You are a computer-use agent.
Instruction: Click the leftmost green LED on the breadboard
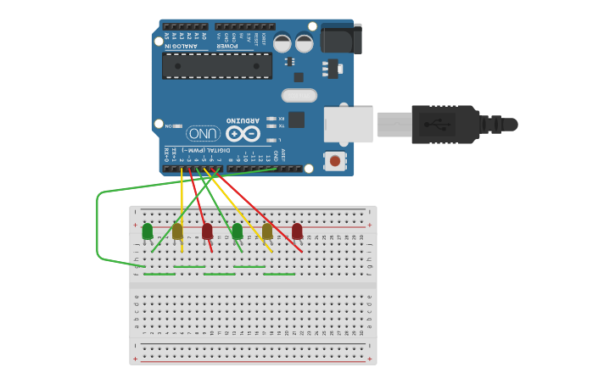coord(148,231)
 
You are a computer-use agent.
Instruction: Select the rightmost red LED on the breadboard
coord(297,231)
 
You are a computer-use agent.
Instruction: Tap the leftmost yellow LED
coord(177,231)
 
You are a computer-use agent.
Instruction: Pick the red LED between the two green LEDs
coord(207,231)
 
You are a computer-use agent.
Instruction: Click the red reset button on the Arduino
coord(335,160)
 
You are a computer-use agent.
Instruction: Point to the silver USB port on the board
coord(348,124)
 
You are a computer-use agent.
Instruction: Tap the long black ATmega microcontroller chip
coord(218,65)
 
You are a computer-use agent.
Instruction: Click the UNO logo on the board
coord(203,134)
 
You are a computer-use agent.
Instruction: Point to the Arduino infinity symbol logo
coord(242,134)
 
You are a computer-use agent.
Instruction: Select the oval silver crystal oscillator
coord(299,95)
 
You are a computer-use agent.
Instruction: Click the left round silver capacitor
coord(282,42)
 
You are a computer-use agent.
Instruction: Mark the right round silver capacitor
coord(304,42)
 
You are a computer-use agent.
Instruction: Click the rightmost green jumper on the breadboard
coord(279,274)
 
